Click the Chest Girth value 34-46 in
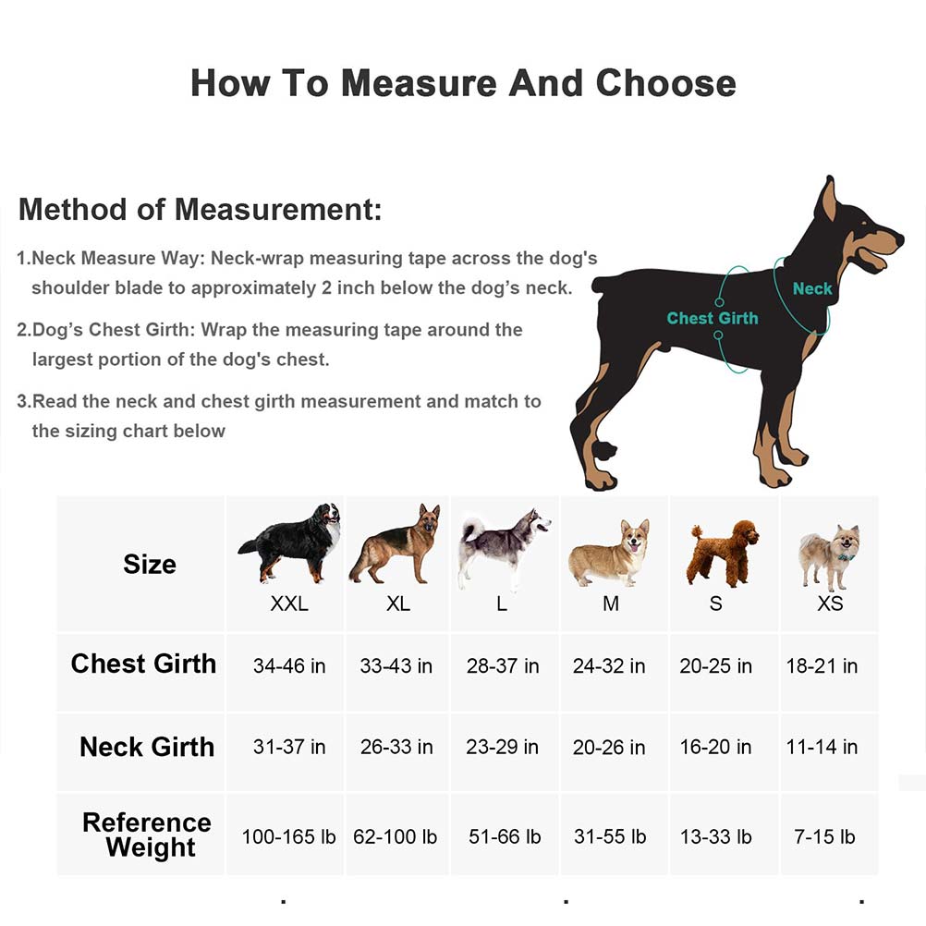[289, 666]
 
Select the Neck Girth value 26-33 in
[396, 747]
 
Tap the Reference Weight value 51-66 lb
[505, 837]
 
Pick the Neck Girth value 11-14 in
[822, 747]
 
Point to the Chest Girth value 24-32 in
[609, 666]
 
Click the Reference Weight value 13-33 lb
[715, 837]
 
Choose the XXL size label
[289, 604]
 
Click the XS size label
[830, 604]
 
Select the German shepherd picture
[396, 545]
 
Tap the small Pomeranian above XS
[829, 554]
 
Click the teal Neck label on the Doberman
[812, 288]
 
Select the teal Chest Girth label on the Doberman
[712, 318]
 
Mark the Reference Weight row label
[147, 835]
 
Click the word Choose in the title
[665, 83]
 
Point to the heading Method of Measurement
[200, 209]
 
